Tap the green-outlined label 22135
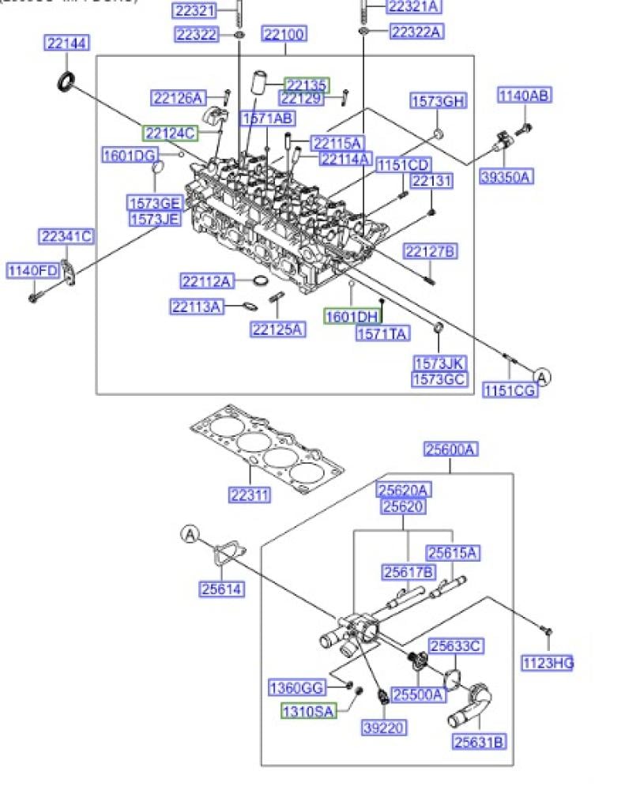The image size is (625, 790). point(307,85)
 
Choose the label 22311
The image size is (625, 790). point(250,495)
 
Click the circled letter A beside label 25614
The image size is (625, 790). point(190,535)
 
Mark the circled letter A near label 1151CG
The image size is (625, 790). point(541,376)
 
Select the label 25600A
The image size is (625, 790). point(451,450)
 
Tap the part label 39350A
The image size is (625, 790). point(506,177)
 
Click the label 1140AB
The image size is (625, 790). point(524,96)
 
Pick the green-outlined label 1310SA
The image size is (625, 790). point(310,711)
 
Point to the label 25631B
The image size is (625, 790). point(480,742)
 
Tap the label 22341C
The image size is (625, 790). point(66,236)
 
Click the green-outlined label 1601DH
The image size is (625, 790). point(352,317)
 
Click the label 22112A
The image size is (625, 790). point(207,280)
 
